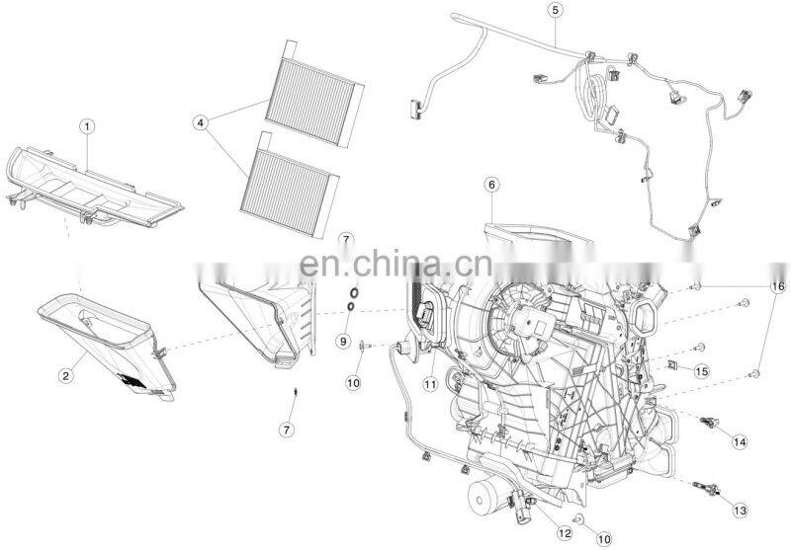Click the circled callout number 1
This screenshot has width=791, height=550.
click(87, 126)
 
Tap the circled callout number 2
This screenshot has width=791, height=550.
click(65, 375)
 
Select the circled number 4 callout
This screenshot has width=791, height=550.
click(201, 122)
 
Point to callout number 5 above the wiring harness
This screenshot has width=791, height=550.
click(555, 10)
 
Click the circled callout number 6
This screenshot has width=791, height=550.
click(491, 185)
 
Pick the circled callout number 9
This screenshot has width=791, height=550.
click(343, 341)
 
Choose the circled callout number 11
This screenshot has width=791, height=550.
click(430, 385)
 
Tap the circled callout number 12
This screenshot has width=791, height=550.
click(564, 532)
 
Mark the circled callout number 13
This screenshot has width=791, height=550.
click(740, 511)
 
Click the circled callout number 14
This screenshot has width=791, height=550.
click(740, 441)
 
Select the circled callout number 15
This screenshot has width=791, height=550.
click(701, 371)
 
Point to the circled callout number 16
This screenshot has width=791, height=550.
click(777, 286)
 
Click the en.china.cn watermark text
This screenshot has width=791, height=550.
click(395, 264)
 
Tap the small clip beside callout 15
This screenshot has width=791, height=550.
click(672, 364)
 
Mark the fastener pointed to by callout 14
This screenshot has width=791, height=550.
click(709, 423)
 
